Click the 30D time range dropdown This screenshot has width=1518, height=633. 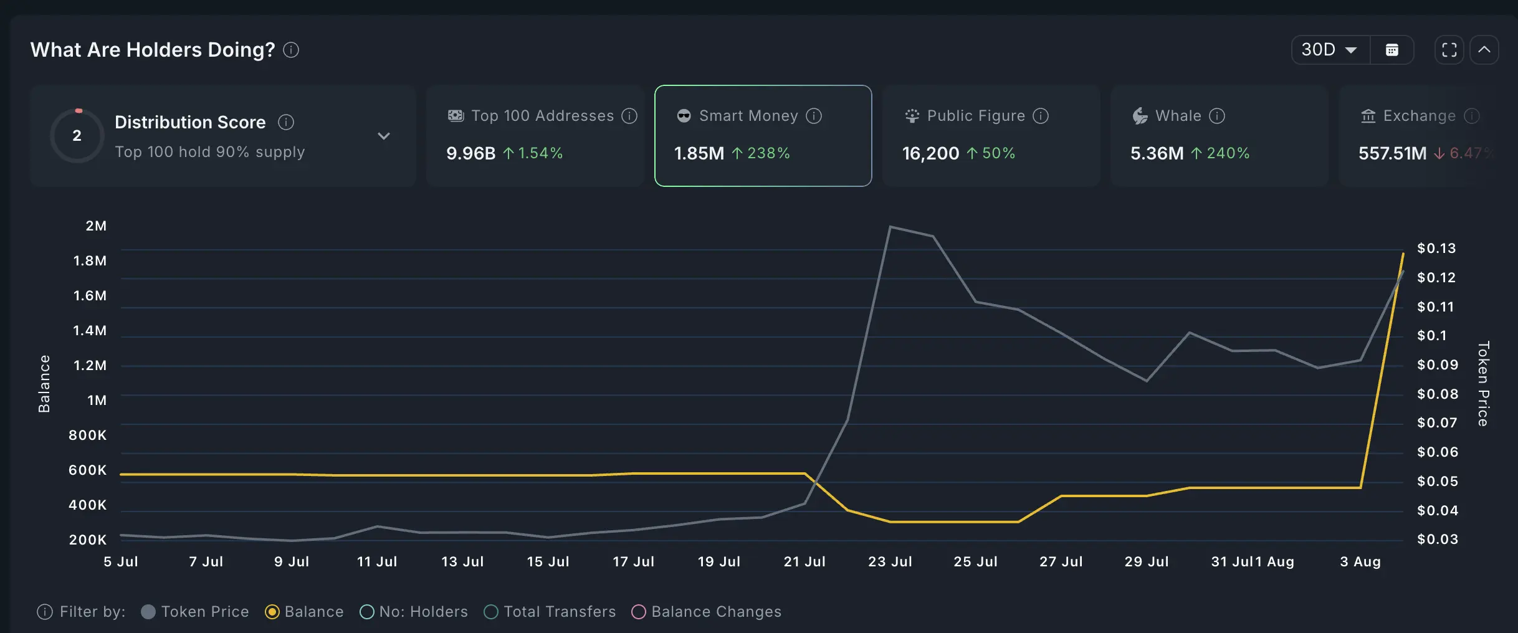click(x=1330, y=50)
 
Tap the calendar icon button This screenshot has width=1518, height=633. click(x=1392, y=50)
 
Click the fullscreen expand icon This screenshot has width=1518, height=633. click(x=1449, y=50)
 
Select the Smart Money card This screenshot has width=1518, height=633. click(x=763, y=135)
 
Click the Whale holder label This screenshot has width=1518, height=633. click(x=1178, y=116)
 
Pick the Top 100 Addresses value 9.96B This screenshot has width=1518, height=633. click(x=470, y=153)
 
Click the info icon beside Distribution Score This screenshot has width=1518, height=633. click(x=286, y=122)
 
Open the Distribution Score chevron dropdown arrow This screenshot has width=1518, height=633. click(x=384, y=136)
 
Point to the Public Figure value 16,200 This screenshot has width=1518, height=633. click(x=930, y=153)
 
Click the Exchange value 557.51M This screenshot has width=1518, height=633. click(x=1392, y=153)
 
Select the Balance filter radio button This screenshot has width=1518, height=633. click(x=272, y=612)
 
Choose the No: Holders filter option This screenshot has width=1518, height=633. click(x=367, y=612)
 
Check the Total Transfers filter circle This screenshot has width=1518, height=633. click(x=491, y=612)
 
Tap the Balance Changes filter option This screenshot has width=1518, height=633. click(x=639, y=612)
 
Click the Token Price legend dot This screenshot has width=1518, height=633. click(x=148, y=612)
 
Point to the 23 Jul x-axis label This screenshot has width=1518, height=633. click(x=890, y=561)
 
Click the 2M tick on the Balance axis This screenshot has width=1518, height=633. click(x=96, y=226)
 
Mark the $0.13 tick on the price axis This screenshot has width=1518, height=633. click(x=1436, y=249)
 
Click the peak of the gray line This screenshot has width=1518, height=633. click(x=890, y=227)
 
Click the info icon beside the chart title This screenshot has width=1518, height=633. click(x=291, y=50)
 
